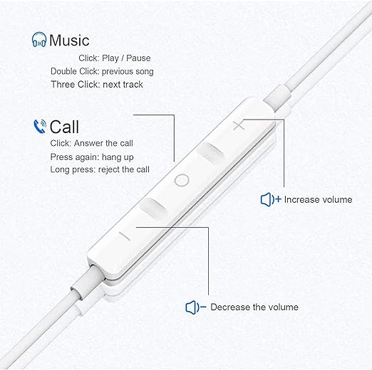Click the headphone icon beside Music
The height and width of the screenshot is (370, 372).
(39, 40)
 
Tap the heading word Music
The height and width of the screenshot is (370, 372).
(69, 40)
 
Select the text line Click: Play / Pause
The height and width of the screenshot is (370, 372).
(115, 58)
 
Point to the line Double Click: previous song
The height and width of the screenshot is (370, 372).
(102, 71)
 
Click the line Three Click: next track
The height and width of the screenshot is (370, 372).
(97, 85)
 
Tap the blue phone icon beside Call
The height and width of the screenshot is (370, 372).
(40, 127)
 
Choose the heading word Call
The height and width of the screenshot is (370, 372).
(64, 127)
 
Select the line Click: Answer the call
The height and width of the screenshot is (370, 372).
(91, 143)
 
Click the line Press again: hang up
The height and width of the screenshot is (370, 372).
(92, 157)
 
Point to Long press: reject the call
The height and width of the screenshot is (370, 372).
(100, 169)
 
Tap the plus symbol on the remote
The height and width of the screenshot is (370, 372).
(239, 125)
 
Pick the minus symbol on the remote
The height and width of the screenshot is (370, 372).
(125, 236)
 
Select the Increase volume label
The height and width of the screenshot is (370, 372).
(318, 200)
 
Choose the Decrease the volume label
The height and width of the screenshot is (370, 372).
(254, 307)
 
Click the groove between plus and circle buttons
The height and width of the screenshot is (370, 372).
(210, 152)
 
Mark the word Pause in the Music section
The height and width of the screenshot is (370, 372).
(138, 58)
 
